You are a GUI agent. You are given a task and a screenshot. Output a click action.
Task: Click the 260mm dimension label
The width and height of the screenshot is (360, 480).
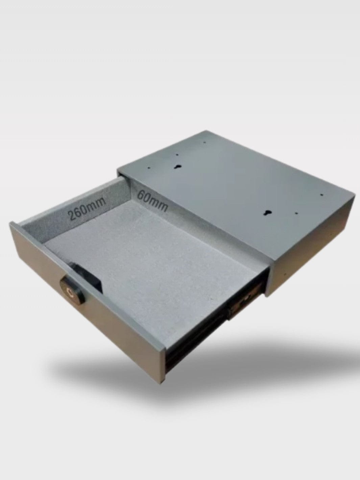(x=87, y=208)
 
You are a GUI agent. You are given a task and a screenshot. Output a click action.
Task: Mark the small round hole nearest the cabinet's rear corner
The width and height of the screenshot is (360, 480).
(x=205, y=142)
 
